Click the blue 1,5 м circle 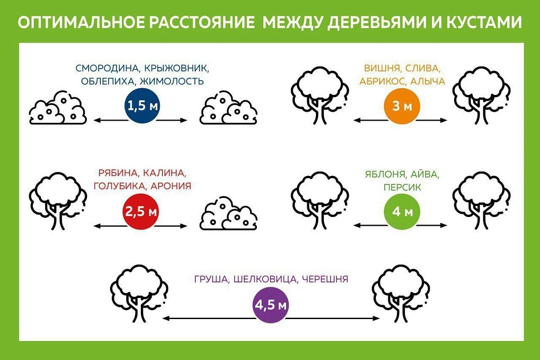tap(143, 106)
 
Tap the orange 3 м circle tap(402, 106)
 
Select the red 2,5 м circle tap(141, 211)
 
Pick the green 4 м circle tap(402, 211)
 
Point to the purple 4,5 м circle tap(270, 305)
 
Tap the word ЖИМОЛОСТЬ tap(172, 81)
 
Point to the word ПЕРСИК tap(402, 187)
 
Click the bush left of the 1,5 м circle tap(58, 108)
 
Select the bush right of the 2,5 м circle tap(228, 213)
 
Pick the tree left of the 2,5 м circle tap(58, 201)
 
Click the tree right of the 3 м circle tap(481, 95)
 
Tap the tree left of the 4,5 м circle tap(139, 293)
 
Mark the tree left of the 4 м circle tap(320, 200)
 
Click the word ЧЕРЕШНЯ tap(325, 279)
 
